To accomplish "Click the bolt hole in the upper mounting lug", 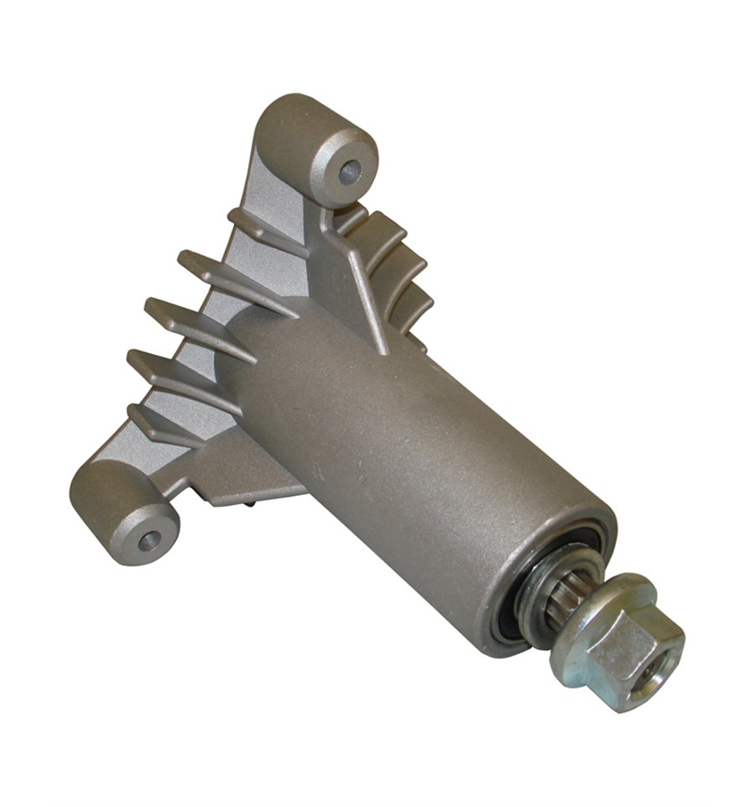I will pyautogui.click(x=350, y=172).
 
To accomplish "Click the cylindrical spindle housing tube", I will pyautogui.click(x=403, y=453).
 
